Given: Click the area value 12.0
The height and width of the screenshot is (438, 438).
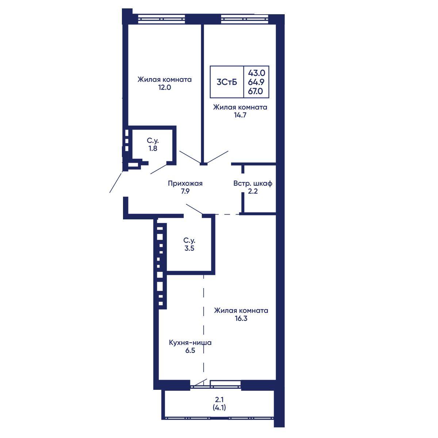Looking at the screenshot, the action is coord(165,88).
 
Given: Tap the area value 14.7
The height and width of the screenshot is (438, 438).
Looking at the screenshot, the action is coord(240,115).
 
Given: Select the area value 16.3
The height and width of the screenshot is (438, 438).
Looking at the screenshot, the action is coord(241,318).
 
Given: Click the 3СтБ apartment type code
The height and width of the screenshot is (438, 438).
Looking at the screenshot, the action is coord(227,82).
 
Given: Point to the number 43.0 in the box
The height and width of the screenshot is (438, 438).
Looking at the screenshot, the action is coord(256,73).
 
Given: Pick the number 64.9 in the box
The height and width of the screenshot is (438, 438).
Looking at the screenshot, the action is coord(256,82).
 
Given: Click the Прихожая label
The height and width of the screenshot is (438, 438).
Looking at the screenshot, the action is coord(185,184).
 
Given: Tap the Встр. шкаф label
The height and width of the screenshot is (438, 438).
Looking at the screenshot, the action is coord(253,184).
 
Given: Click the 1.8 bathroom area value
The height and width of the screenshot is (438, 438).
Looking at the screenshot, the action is coord(153,149).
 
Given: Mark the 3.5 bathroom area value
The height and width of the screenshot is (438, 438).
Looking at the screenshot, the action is coord(189,249).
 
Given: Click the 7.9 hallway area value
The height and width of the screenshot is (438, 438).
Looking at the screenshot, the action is coord(185,191).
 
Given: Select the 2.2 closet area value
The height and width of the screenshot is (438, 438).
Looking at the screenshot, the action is coord(253,191).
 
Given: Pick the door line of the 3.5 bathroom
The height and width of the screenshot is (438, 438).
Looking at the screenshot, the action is coord(194,209).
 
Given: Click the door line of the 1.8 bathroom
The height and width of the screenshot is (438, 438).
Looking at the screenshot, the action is coord(159,169).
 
